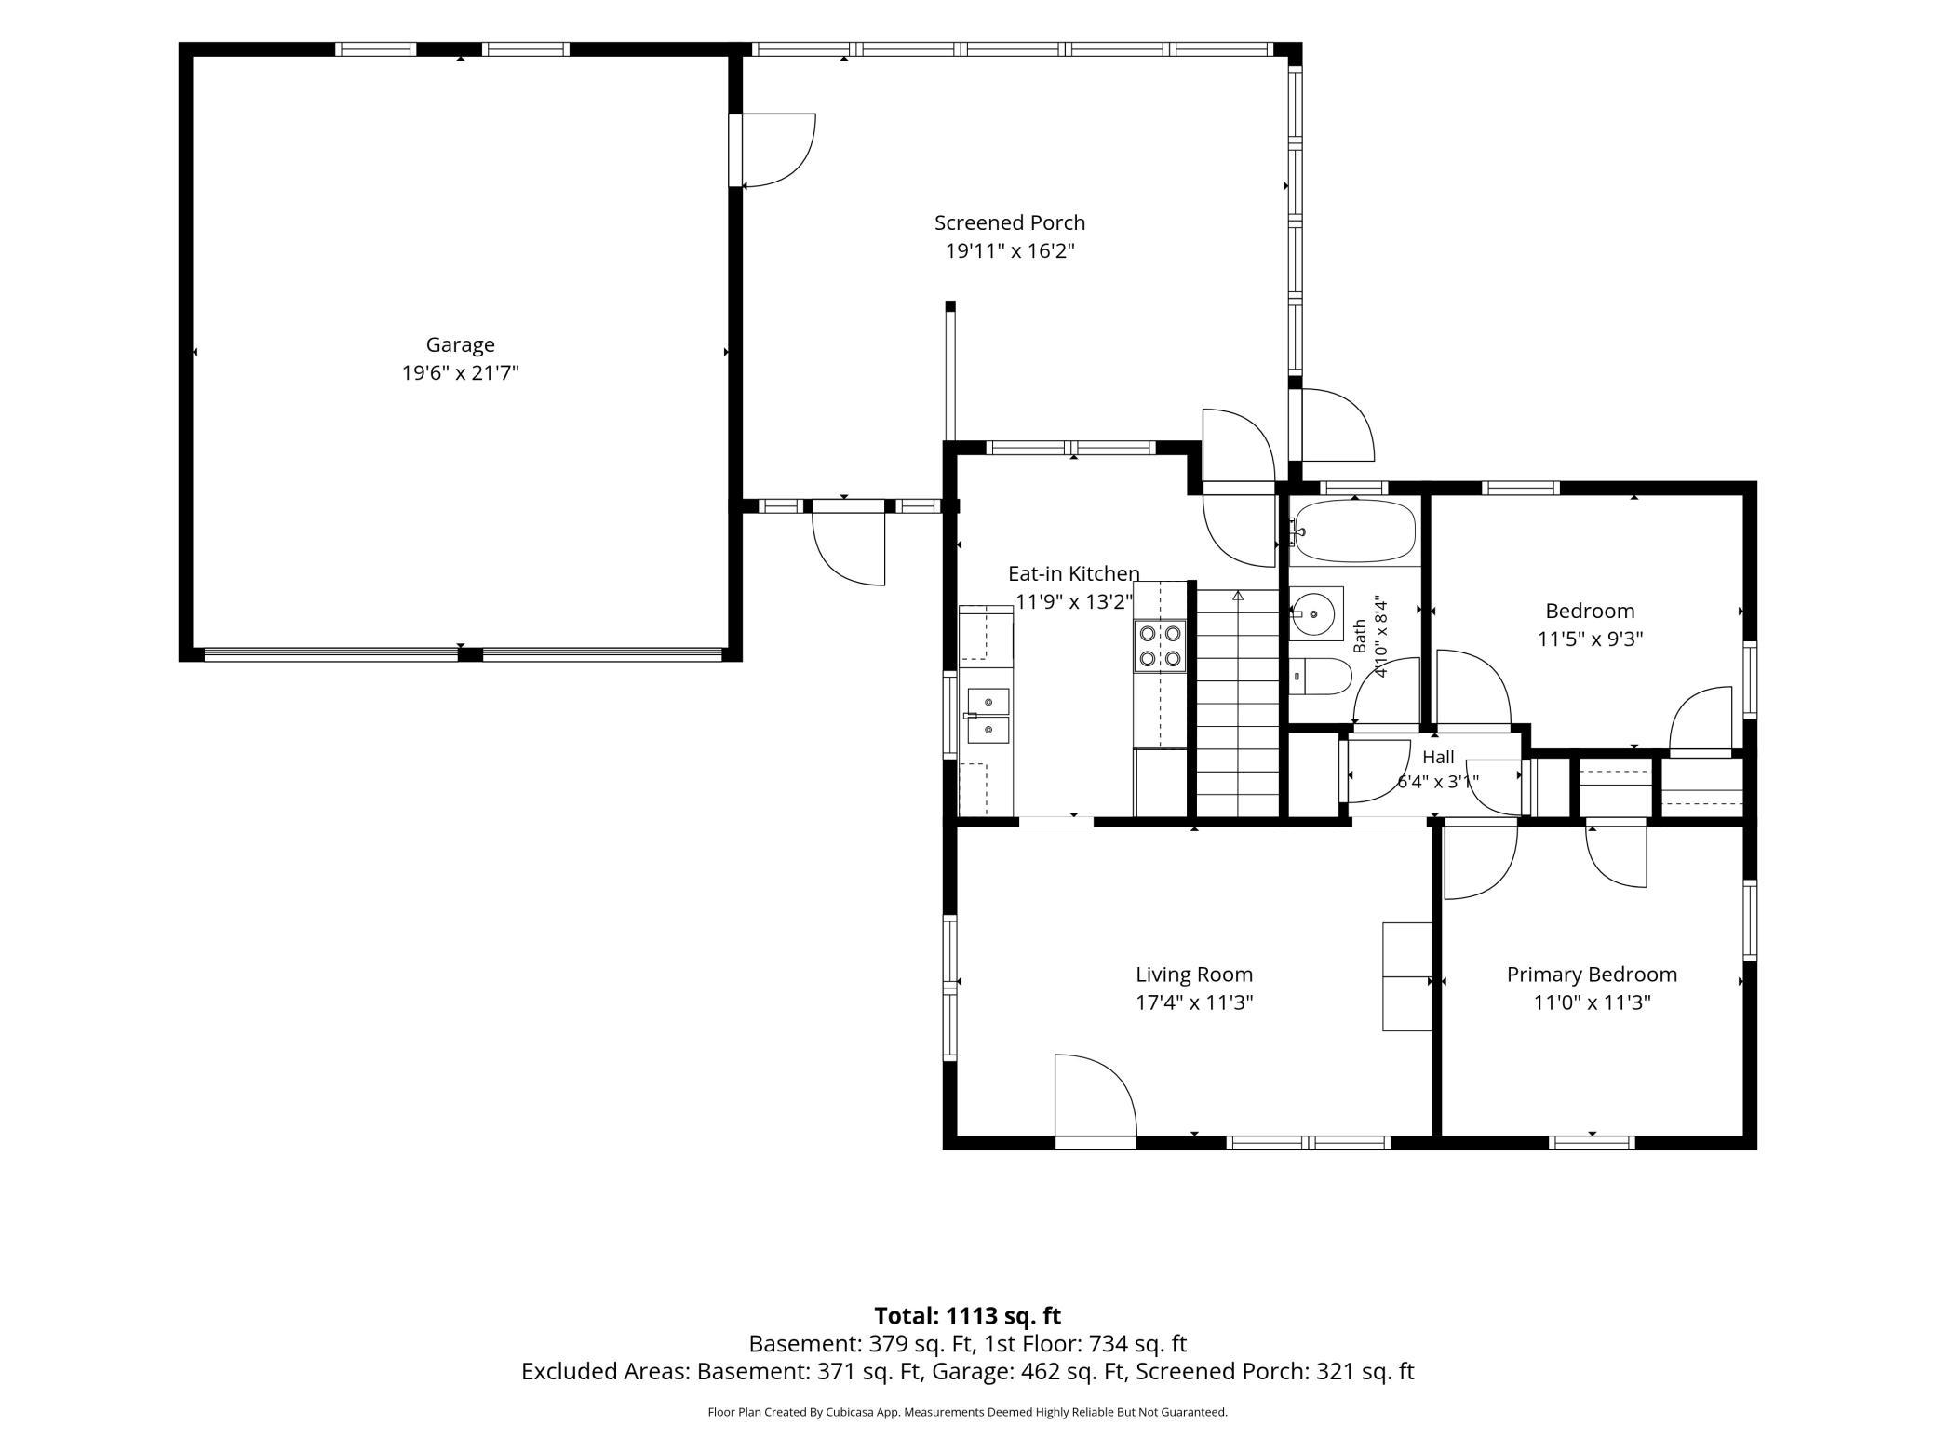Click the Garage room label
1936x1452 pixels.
[460, 344]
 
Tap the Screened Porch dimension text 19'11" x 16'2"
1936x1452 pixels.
[1010, 251]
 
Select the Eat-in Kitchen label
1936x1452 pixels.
[1073, 573]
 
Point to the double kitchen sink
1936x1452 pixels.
[988, 716]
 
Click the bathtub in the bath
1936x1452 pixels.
[1355, 532]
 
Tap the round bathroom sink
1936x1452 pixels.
[1316, 613]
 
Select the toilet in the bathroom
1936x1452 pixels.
[1320, 677]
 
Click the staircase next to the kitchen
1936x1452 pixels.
[1237, 704]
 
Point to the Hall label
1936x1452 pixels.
[1438, 758]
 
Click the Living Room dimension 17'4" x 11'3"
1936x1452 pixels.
[1194, 1002]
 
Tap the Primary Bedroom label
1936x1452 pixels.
[1592, 975]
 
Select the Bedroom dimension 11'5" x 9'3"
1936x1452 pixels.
[1590, 639]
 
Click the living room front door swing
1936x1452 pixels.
[1096, 1096]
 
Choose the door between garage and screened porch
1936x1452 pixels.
[773, 150]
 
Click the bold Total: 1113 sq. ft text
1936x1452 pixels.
[967, 1316]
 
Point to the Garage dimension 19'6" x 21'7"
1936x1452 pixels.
[460, 373]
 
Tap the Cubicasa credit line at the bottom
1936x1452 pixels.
[967, 1412]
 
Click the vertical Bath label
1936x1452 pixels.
[1360, 636]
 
